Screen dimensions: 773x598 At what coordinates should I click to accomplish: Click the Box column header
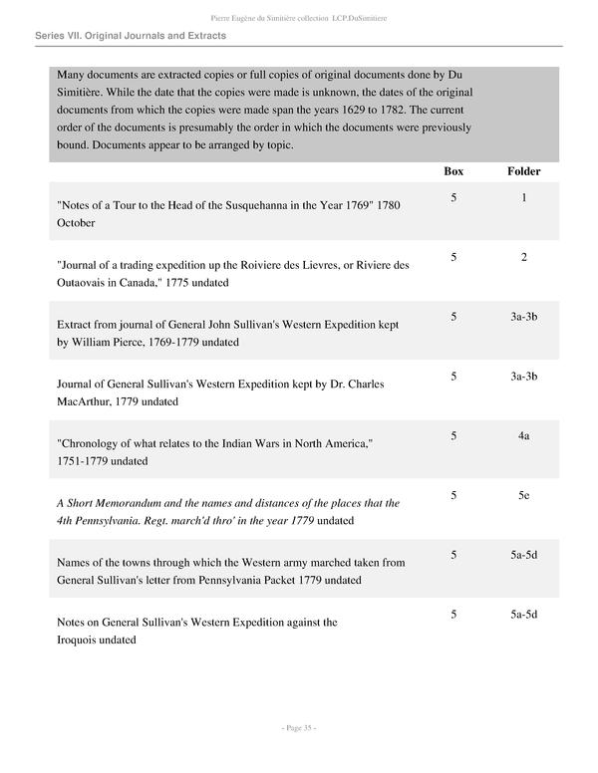pos(453,171)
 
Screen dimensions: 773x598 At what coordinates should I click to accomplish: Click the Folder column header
pos(523,171)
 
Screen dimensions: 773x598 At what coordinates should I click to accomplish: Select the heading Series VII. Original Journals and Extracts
pos(130,36)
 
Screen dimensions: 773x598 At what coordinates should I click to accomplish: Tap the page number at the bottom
pos(299,729)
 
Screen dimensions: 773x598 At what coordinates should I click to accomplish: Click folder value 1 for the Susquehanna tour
pos(523,197)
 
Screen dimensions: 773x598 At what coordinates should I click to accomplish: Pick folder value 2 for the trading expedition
pos(523,257)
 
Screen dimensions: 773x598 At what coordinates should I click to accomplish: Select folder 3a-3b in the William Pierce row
pos(523,317)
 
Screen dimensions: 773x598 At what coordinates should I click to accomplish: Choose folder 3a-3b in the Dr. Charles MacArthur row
pos(523,377)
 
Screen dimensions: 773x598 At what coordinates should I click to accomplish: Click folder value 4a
pos(523,436)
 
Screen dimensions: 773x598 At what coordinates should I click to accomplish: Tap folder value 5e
pos(523,495)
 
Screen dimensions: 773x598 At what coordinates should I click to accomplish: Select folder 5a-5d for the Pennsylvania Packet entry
pos(523,555)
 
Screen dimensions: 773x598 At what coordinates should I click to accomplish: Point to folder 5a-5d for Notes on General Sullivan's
pos(523,615)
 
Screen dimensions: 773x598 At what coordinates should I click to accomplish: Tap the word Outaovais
pos(87,282)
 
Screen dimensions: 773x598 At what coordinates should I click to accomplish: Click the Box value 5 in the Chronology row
pos(453,436)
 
